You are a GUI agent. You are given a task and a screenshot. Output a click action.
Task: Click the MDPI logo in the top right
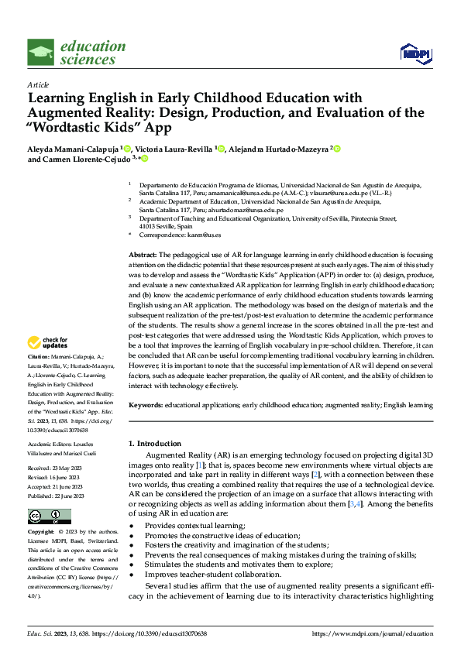point(415,53)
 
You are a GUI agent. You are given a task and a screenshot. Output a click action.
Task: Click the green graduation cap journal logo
point(41,53)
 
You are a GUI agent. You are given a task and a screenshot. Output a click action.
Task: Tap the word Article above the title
point(38,84)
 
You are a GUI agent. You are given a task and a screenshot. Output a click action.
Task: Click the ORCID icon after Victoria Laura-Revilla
point(221,147)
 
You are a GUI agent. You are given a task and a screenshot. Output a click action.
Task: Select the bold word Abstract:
point(143,255)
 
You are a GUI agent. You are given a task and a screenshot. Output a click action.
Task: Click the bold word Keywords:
point(146,405)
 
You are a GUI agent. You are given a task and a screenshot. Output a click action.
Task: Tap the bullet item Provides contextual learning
point(192,525)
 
